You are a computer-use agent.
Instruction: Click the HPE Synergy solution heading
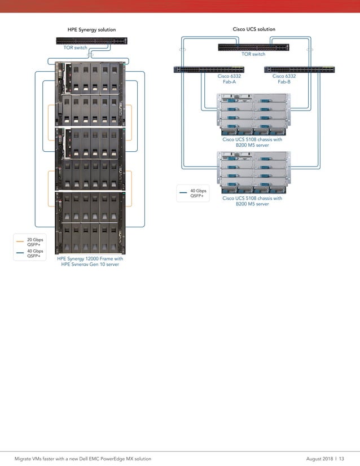coord(91,30)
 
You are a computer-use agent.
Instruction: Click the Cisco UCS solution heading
coord(254,29)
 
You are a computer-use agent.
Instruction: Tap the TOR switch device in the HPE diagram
coord(91,41)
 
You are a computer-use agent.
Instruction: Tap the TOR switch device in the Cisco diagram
coord(253,47)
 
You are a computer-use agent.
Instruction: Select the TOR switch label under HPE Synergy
coord(75,48)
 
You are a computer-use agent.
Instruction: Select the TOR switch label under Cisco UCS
coord(253,54)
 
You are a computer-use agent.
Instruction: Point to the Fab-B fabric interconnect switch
coord(298,69)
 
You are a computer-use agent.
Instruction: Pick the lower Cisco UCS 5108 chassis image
coord(253,172)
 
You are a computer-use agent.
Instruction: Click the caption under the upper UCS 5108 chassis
coord(252,142)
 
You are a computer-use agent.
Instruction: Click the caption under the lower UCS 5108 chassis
coord(252,201)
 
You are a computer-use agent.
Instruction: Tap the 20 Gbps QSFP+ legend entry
coord(34,242)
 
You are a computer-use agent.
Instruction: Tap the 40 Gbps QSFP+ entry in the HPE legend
coord(34,253)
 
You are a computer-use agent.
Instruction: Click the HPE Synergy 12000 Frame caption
coord(90,261)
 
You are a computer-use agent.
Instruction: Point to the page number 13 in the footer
coord(341,459)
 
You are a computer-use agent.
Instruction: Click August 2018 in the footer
coord(319,459)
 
